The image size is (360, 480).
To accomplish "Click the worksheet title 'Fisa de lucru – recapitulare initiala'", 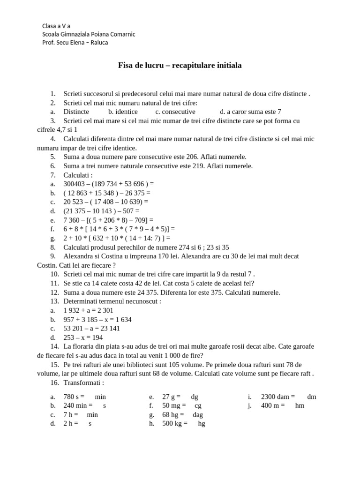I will [x=180, y=66].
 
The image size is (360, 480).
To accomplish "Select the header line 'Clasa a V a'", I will [x=56, y=26].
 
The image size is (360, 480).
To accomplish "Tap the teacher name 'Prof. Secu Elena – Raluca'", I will [x=75, y=43].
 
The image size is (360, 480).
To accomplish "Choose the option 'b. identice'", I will [x=123, y=112].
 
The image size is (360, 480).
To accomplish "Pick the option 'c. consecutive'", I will [x=175, y=112].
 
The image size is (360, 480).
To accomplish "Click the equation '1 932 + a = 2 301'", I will [x=88, y=310].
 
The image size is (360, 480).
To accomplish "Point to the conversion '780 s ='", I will [x=74, y=397].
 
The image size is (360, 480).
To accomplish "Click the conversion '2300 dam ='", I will [x=278, y=397].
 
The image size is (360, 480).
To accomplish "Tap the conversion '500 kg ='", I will [x=175, y=424].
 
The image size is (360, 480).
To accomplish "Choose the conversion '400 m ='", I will [x=273, y=405].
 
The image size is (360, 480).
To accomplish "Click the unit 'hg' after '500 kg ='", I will [x=202, y=424].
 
